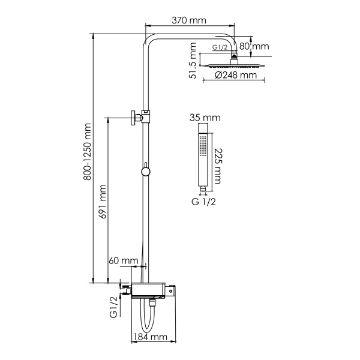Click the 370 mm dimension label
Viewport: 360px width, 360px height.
pos(188,20)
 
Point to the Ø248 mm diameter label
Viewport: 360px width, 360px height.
pos(232,76)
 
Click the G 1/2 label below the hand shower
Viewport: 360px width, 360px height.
pos(204,202)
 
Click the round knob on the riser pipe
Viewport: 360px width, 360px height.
pos(145,173)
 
